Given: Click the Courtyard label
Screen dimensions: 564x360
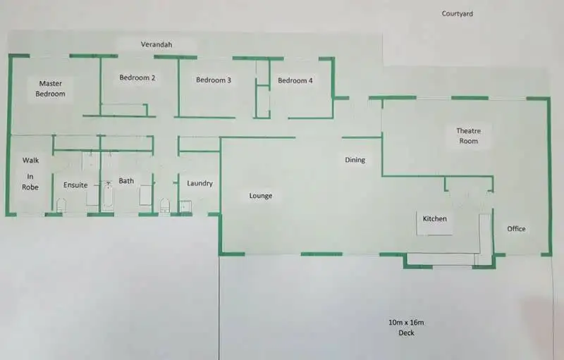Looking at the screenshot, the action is point(458,13).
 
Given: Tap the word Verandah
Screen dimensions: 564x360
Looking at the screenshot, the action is point(157,44).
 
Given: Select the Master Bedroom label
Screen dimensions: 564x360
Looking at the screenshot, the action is point(51,88).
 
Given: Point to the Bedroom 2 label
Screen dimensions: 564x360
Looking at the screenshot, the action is point(137,77).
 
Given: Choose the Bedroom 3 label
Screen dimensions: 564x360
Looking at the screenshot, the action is point(214,80).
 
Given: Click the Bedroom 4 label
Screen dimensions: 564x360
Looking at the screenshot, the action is point(295,80).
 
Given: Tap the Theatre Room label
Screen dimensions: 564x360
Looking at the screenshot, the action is point(468,136).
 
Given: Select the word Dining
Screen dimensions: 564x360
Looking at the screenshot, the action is point(355,160).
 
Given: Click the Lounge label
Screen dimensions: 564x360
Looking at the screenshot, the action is point(261,196).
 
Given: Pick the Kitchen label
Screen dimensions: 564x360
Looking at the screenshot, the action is point(435,218).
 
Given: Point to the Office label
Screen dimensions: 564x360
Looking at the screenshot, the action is point(517,228).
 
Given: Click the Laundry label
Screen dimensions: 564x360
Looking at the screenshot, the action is point(200,183).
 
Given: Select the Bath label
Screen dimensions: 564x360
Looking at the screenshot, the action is point(126,181).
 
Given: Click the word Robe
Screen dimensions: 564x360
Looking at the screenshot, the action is point(30,187).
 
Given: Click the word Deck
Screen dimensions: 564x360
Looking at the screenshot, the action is point(406,333).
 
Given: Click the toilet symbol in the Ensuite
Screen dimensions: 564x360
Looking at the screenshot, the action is point(61,205).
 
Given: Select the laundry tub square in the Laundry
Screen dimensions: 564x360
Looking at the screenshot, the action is point(185,206).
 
